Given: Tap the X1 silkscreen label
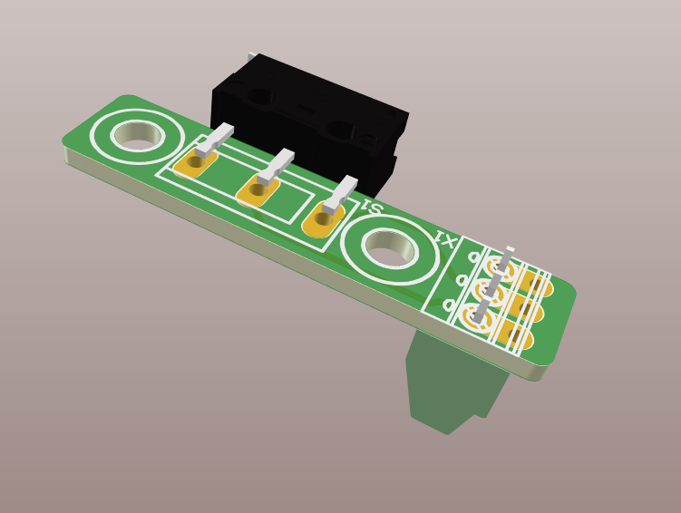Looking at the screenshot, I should pyautogui.click(x=446, y=240).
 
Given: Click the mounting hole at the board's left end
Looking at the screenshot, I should pyautogui.click(x=138, y=135).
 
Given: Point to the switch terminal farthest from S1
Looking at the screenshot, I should pyautogui.click(x=215, y=140).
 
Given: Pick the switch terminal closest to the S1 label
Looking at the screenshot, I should pyautogui.click(x=336, y=196).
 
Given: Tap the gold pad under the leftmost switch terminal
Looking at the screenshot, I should pyautogui.click(x=193, y=164).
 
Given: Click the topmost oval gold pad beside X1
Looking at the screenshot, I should pyautogui.click(x=536, y=286).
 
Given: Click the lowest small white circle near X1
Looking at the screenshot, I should pyautogui.click(x=452, y=305).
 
